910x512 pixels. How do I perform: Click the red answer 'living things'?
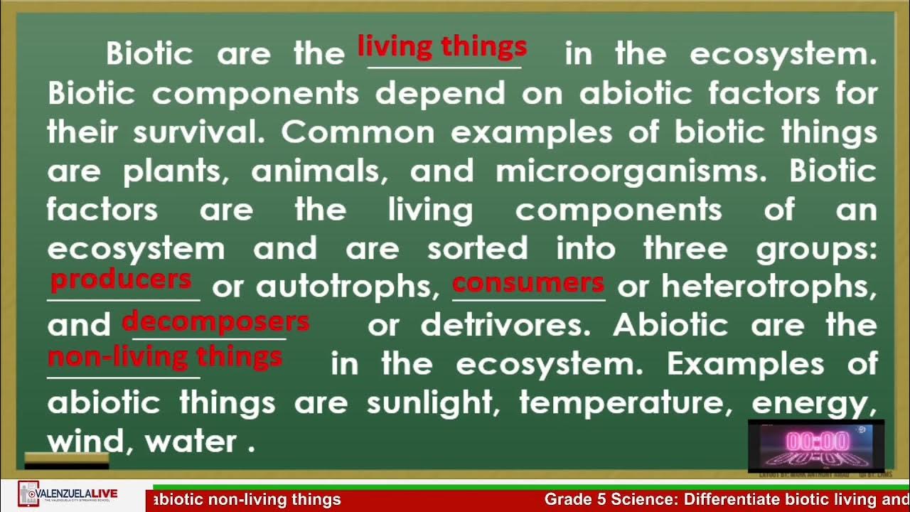click(x=441, y=47)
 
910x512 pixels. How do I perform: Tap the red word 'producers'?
click(x=121, y=279)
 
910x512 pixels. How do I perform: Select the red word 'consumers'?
click(x=528, y=283)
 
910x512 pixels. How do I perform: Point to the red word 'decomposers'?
click(x=215, y=322)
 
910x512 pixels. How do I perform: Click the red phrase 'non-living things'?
click(x=165, y=356)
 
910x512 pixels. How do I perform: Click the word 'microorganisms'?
click(x=636, y=171)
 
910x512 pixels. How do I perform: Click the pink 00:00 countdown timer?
click(x=816, y=442)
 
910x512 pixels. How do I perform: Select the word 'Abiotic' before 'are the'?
click(x=670, y=326)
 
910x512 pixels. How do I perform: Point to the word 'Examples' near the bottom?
click(x=745, y=364)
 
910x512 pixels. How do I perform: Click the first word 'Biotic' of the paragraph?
click(x=149, y=54)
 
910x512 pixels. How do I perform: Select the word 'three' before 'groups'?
click(x=685, y=248)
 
